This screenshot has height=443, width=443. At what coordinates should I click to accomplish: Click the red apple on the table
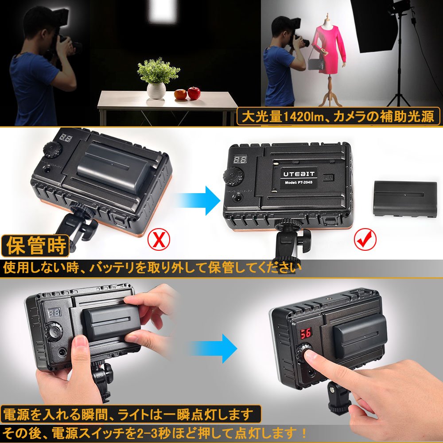click(194, 93)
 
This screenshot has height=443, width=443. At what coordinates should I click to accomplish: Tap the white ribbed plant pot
click(156, 90)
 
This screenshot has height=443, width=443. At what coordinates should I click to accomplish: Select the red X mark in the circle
click(159, 239)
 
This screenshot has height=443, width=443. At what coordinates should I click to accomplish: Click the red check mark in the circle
click(365, 239)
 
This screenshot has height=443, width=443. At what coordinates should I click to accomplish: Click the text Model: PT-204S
click(299, 183)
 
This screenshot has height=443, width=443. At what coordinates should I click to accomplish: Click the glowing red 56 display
click(306, 334)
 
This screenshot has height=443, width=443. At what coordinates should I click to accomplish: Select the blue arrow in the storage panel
click(198, 201)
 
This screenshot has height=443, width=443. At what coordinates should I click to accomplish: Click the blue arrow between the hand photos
click(214, 348)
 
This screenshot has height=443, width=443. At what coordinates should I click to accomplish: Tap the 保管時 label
click(35, 245)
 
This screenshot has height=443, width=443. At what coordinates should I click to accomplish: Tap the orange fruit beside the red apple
click(180, 94)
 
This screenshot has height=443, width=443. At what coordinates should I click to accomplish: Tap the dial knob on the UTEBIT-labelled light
click(233, 176)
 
